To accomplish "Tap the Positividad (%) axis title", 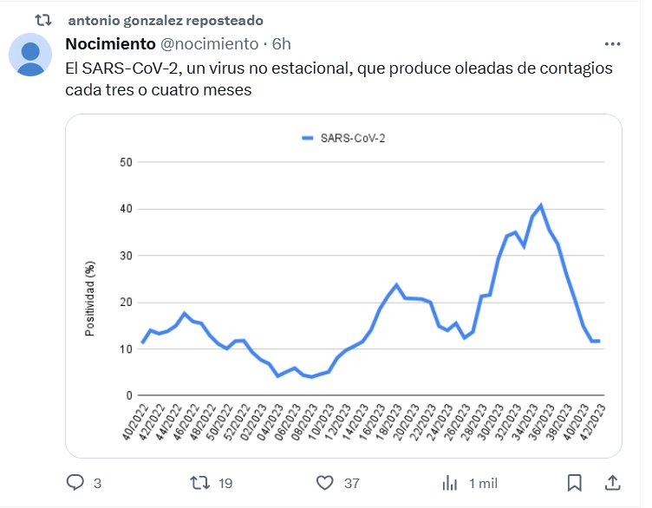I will [x=90, y=298].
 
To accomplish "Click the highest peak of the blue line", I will [x=541, y=205].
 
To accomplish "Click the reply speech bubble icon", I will [x=75, y=483].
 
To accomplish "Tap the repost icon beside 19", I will [x=199, y=483].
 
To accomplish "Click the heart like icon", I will [x=324, y=483].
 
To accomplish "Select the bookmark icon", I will [x=574, y=483].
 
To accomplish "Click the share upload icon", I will [x=612, y=483].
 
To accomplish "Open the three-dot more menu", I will [x=612, y=44].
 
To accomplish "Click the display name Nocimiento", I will [x=111, y=44].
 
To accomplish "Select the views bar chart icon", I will [x=450, y=483].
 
